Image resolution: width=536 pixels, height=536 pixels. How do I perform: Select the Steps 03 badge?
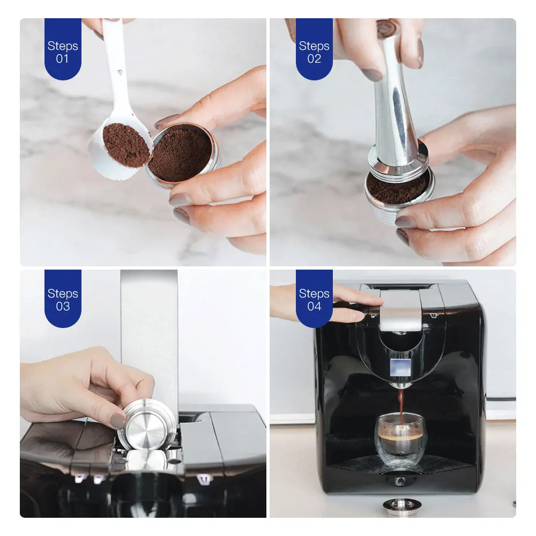pos(63,299)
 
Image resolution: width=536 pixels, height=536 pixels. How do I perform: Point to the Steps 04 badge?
pos(314,299)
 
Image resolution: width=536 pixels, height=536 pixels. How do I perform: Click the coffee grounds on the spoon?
pos(126,144)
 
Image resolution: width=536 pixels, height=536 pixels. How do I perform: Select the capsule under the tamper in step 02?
pos(400,198)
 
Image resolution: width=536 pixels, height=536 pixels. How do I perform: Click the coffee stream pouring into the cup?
pos(400,399)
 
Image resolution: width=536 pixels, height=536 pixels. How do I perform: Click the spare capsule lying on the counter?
pos(400,505)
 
